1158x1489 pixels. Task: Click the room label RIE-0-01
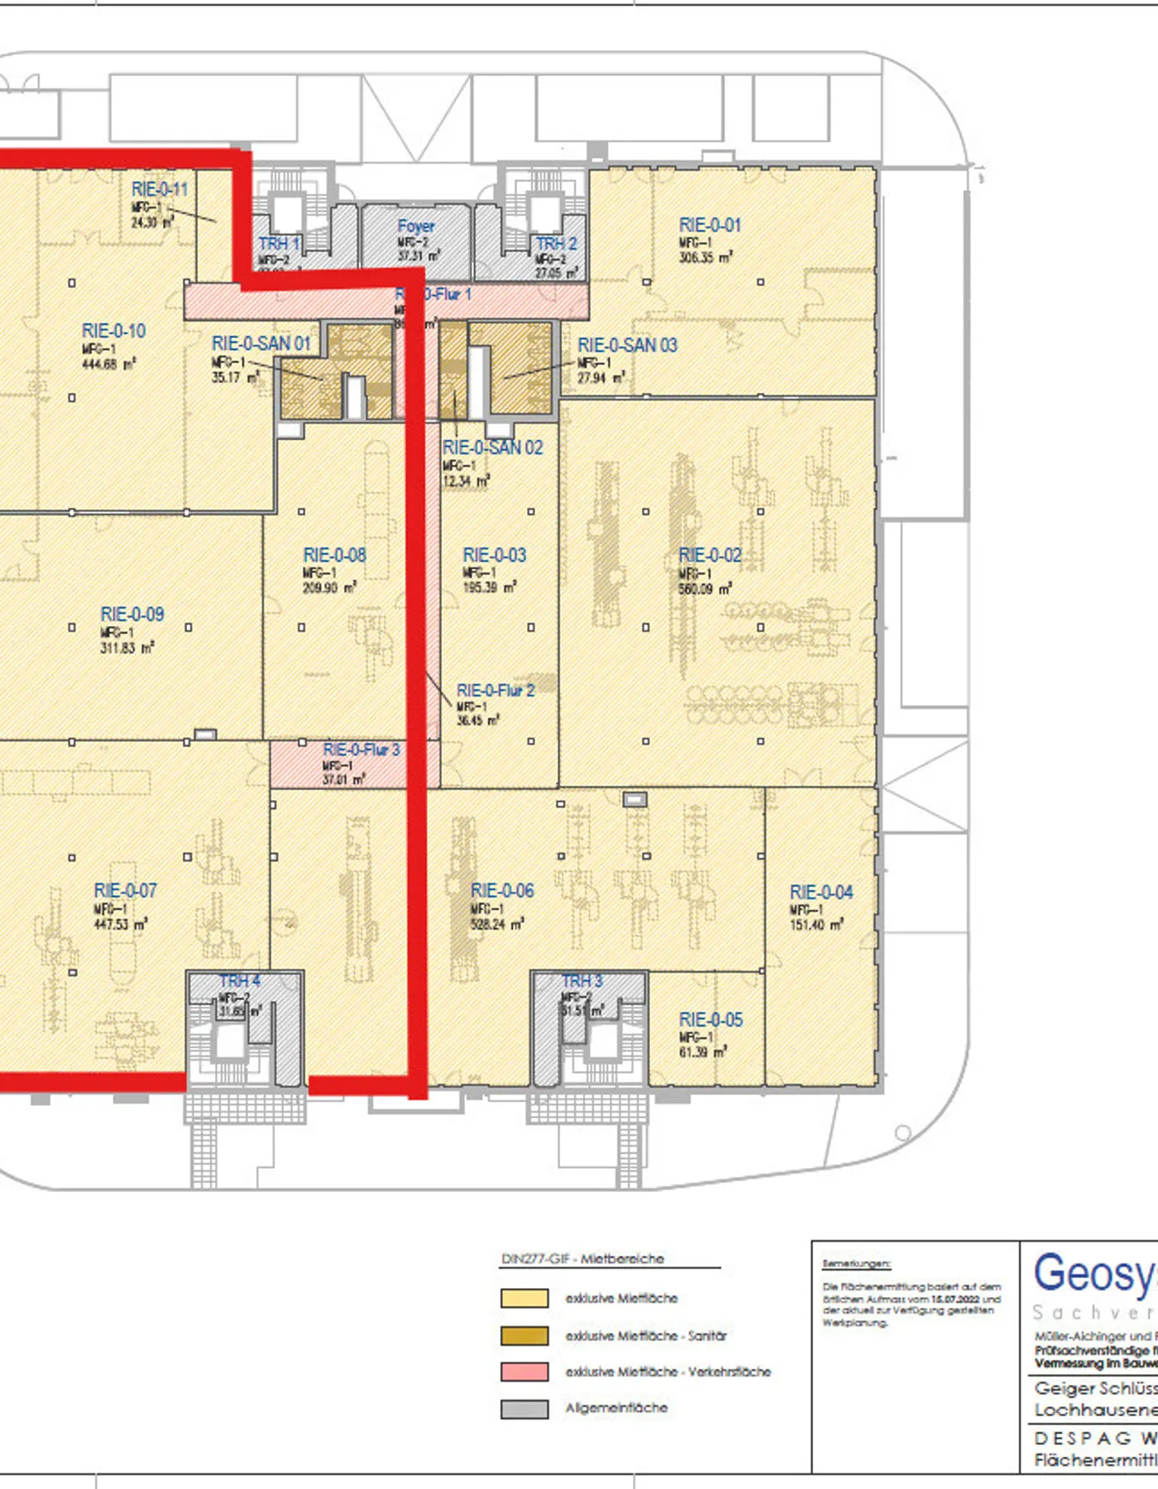(x=710, y=225)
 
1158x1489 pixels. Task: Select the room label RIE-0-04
(x=821, y=893)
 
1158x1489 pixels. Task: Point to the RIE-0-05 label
(x=711, y=1020)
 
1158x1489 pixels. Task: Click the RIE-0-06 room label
(x=502, y=891)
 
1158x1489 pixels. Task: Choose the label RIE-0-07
(x=125, y=891)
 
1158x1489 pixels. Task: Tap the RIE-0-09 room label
(x=132, y=615)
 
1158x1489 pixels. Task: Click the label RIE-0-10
(x=113, y=331)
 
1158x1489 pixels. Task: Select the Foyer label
(x=415, y=226)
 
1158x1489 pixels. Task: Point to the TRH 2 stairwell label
(x=556, y=244)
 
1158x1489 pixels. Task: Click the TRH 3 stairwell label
(x=582, y=981)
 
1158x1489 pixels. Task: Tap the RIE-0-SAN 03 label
(x=627, y=345)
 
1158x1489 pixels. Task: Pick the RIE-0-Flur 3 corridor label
(x=361, y=750)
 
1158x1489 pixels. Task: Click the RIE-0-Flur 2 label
(x=495, y=691)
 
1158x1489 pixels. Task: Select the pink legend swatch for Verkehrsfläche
(x=524, y=1372)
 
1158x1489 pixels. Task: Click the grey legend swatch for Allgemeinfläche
(x=524, y=1408)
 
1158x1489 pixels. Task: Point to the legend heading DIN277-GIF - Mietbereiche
(x=582, y=1259)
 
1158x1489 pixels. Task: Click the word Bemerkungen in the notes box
(x=856, y=1264)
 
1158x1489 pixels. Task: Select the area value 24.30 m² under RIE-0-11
(x=152, y=223)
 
